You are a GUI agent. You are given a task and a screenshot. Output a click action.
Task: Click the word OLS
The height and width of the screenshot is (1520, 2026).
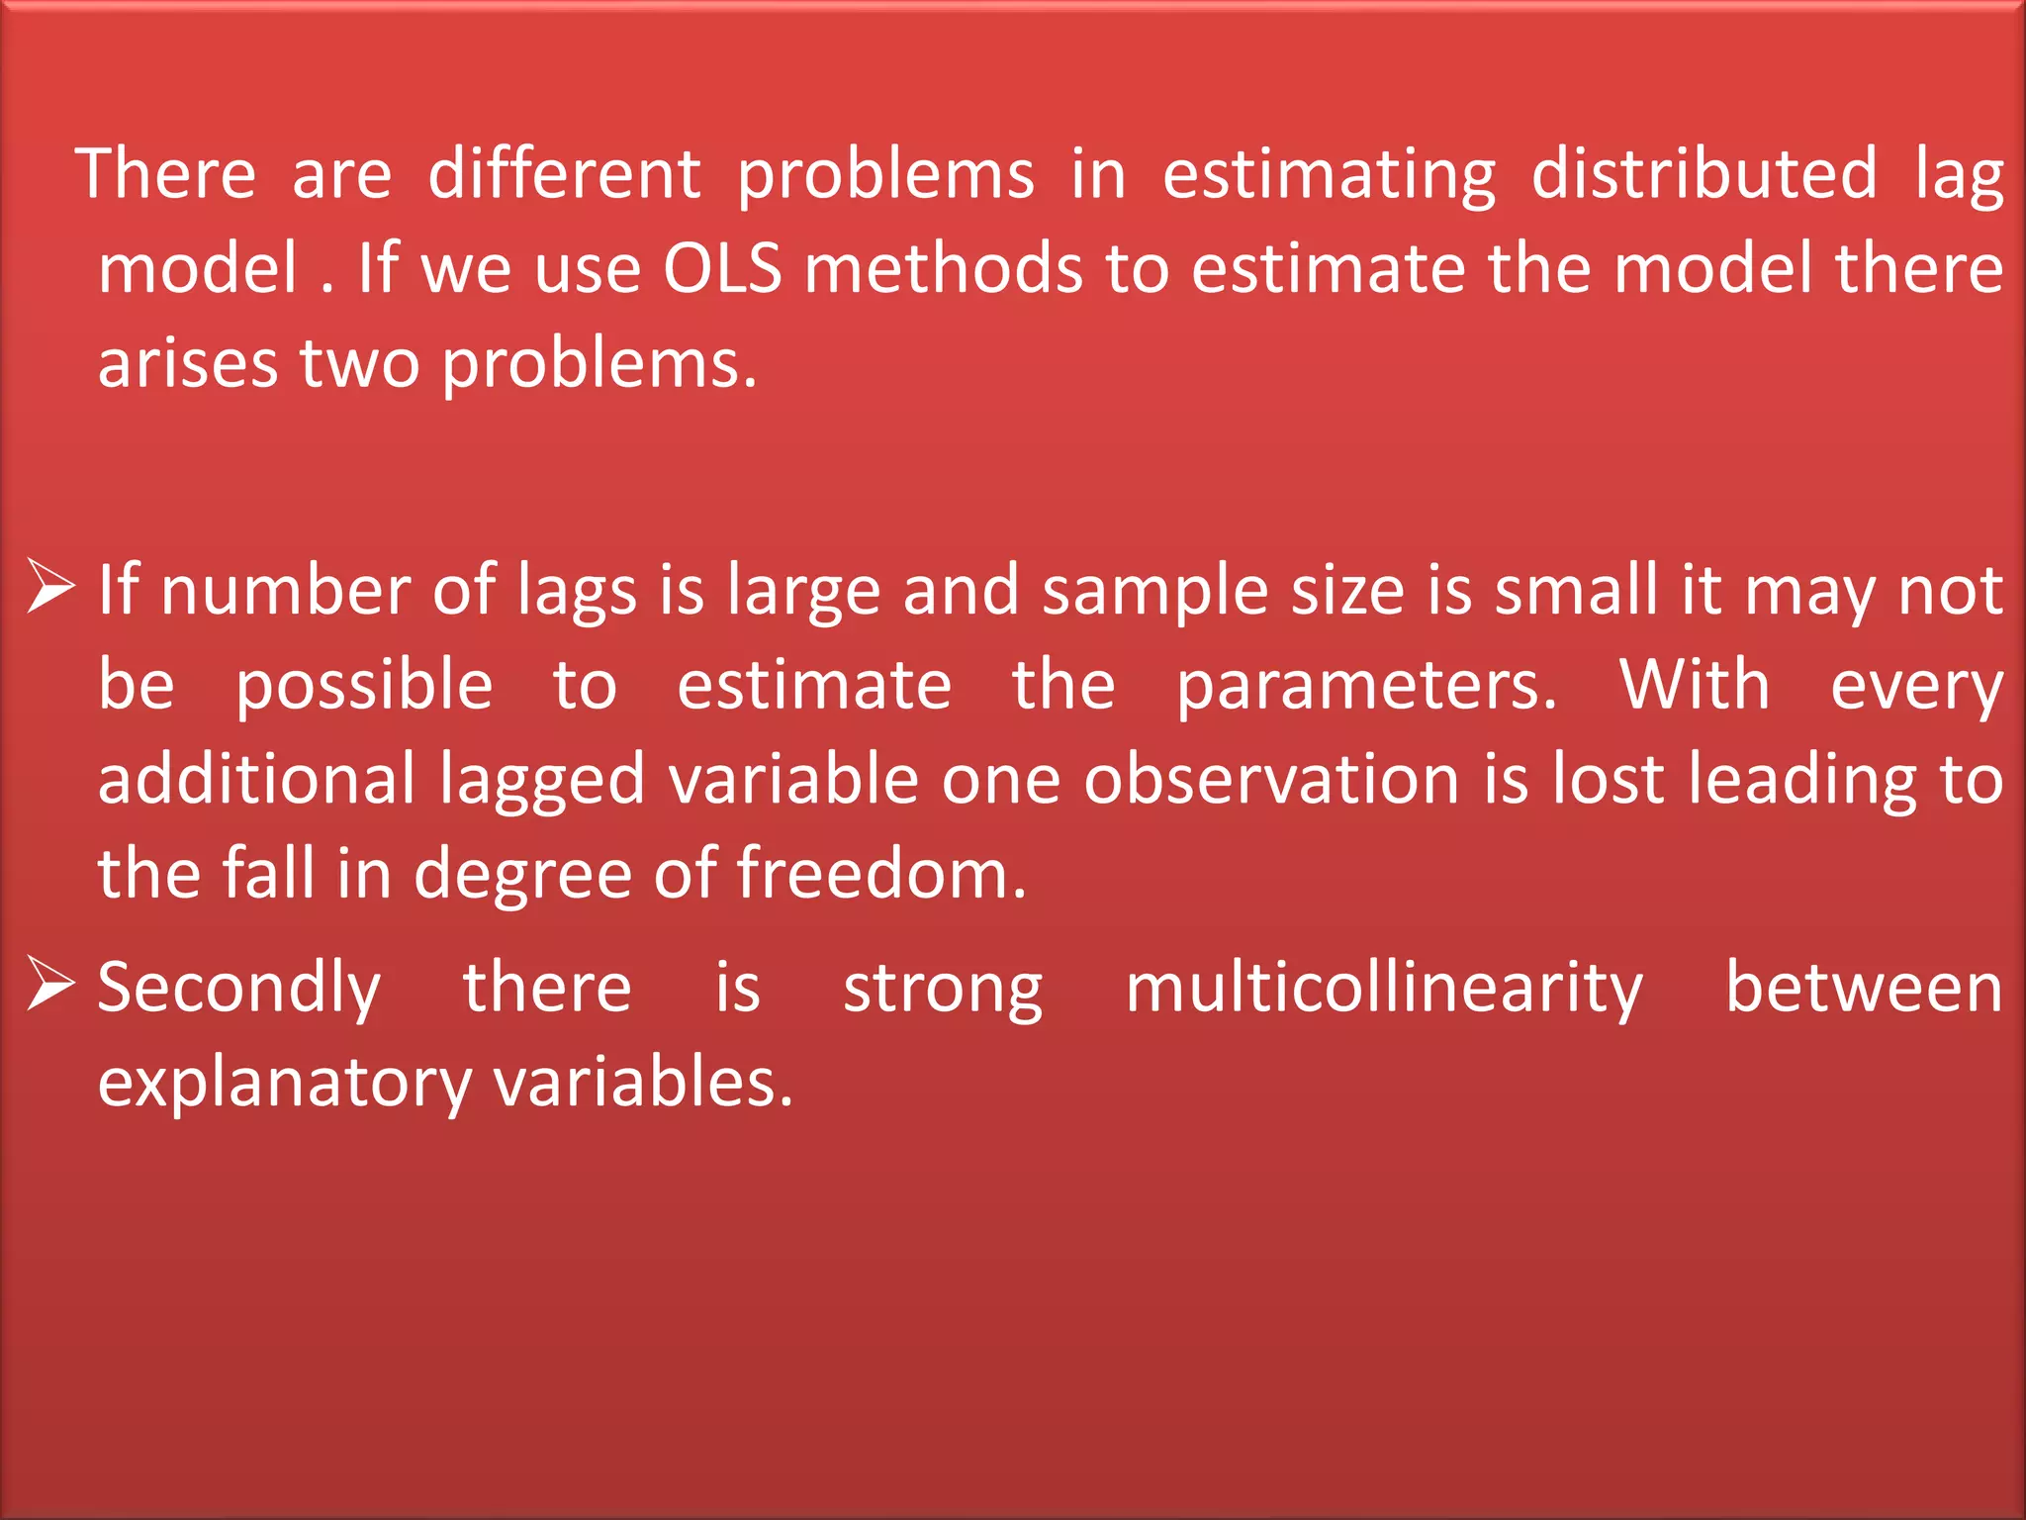[722, 268]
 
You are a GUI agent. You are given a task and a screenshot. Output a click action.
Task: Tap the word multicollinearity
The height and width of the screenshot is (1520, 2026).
[1384, 988]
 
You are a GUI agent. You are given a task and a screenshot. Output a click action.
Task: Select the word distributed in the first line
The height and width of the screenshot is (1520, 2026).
[1704, 173]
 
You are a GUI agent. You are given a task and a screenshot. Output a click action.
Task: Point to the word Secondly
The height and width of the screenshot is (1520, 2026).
[239, 988]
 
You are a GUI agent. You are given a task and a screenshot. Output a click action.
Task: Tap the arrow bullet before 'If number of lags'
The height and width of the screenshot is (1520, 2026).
[50, 585]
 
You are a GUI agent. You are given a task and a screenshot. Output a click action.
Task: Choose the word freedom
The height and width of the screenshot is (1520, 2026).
[881, 874]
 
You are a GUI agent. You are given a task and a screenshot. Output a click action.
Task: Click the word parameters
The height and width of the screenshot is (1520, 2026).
[1365, 686]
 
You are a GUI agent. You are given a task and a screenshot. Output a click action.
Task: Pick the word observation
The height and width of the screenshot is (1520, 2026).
[1271, 779]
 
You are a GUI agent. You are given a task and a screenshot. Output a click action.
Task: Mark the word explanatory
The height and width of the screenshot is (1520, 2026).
[285, 1083]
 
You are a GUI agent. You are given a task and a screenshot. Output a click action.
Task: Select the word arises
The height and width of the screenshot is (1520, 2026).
[188, 363]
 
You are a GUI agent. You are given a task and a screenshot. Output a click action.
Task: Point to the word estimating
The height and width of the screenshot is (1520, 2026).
[1329, 173]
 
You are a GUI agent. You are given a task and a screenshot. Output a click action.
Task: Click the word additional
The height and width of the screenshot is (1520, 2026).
[257, 779]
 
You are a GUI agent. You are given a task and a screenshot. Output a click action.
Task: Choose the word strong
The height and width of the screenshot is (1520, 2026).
[943, 988]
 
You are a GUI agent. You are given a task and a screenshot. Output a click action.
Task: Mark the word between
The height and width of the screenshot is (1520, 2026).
[1864, 988]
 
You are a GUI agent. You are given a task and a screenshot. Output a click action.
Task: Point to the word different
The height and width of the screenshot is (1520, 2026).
[564, 173]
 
